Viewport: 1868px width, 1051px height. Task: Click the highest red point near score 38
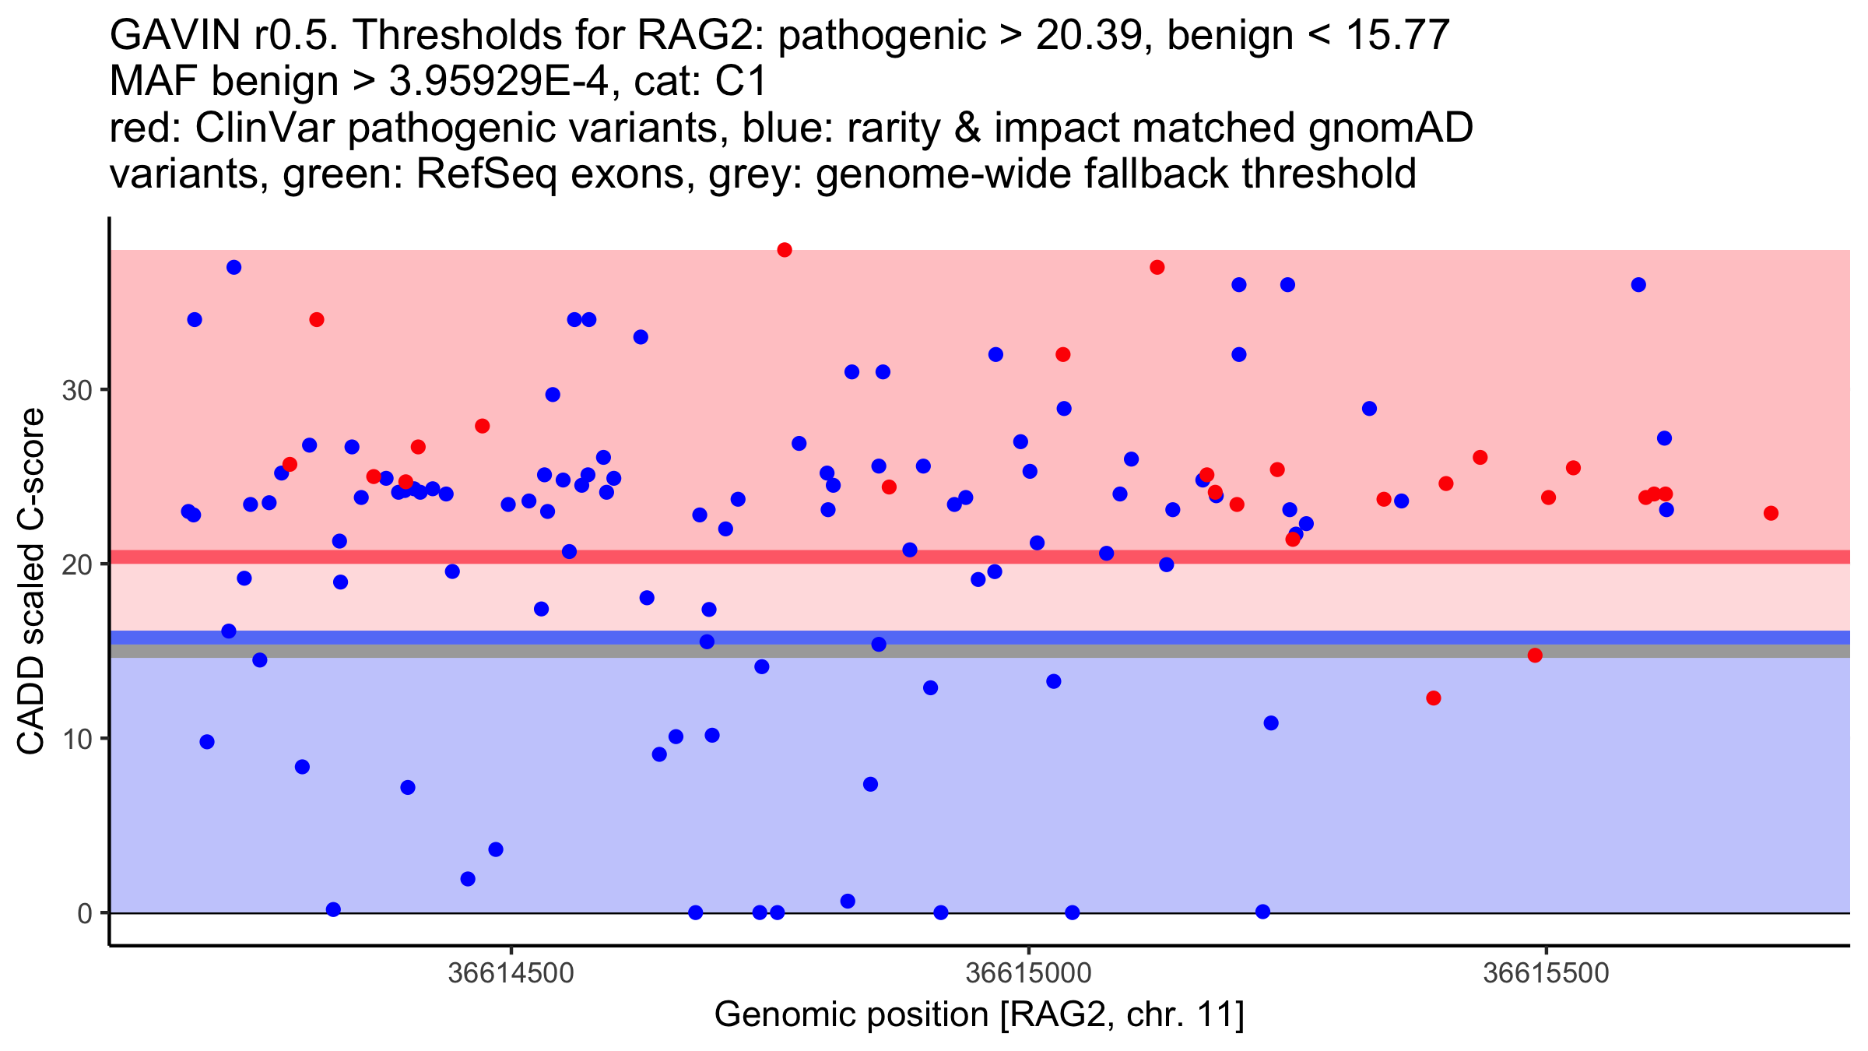785,250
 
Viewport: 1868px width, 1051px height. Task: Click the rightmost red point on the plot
1771,513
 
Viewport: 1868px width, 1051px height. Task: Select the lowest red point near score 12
1434,698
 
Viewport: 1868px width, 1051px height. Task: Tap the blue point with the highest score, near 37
233,267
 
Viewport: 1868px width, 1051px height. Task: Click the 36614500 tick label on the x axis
511,973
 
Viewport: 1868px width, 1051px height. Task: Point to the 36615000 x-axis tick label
1029,973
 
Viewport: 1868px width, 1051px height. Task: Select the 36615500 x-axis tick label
1546,973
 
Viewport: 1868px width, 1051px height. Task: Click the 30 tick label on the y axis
77,391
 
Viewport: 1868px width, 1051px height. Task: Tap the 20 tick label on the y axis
77,565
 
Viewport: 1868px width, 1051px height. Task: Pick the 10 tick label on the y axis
77,739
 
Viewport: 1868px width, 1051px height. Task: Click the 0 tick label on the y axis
85,913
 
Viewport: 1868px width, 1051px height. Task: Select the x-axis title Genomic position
978,1015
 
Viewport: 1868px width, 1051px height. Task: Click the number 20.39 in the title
1089,36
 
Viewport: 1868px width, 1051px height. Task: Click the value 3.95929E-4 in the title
498,83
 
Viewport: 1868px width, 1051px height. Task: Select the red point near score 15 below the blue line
1535,656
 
